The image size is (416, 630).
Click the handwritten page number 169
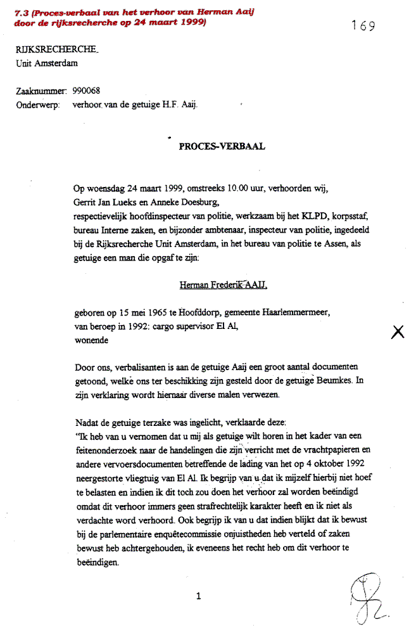(363, 26)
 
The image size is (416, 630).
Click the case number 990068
(86, 91)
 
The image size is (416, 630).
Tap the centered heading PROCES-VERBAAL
(222, 146)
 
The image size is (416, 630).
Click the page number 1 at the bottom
(199, 596)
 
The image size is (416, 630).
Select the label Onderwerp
(37, 105)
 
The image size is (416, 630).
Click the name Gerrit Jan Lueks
(103, 202)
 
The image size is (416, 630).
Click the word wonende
(91, 341)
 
